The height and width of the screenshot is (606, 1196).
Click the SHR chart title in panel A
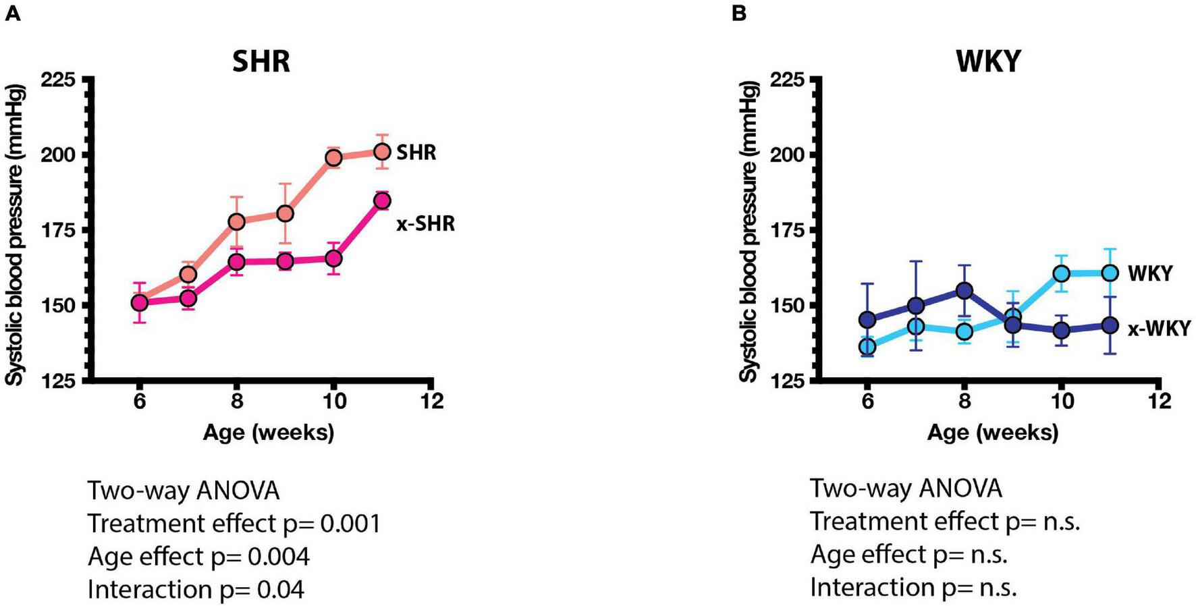click(x=261, y=61)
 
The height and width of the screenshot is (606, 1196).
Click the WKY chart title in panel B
click(x=988, y=61)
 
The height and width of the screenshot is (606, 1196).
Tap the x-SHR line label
click(x=425, y=223)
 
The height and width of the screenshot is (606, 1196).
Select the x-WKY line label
click(x=1158, y=329)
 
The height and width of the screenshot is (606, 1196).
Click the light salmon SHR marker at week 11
click(x=382, y=151)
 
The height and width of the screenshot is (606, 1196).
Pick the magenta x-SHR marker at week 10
click(x=333, y=258)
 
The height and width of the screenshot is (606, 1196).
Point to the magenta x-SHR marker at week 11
click(x=382, y=200)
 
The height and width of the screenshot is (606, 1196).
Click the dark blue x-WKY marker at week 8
click(x=964, y=290)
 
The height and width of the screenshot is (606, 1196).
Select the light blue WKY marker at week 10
click(x=1062, y=273)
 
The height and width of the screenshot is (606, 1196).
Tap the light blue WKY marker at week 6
click(x=867, y=347)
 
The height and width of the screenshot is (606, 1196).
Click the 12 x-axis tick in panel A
click(x=432, y=401)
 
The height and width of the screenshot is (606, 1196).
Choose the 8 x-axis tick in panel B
click(x=964, y=401)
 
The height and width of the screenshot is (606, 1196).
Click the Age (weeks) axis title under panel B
click(x=992, y=432)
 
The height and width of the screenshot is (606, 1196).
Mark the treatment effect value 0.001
click(x=350, y=524)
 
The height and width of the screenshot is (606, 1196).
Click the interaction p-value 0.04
click(x=280, y=590)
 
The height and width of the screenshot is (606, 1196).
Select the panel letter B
click(x=739, y=12)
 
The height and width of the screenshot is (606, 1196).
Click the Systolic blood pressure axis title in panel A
click(x=15, y=235)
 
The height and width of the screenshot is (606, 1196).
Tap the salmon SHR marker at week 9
click(x=285, y=213)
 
